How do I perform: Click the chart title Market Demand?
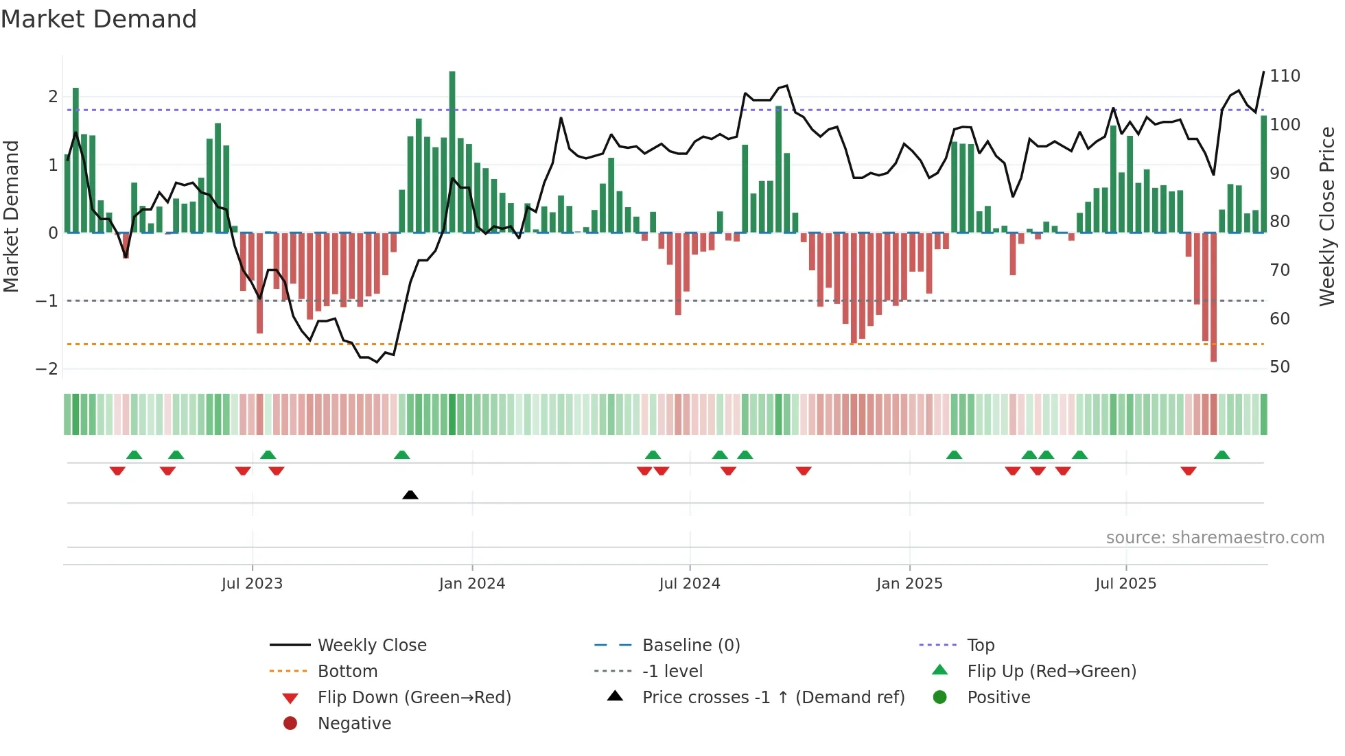99,19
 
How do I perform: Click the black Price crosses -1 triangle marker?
410,495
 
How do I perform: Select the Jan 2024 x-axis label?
472,584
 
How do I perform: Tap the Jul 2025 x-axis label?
1125,584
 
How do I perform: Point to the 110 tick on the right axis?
1285,76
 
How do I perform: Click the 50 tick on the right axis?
1280,367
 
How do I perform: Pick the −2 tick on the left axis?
47,369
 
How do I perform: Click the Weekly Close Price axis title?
1327,216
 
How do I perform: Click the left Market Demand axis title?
11,216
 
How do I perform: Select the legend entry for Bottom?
347,672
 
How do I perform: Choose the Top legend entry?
981,646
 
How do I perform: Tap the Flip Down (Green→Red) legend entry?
414,698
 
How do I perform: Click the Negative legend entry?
354,724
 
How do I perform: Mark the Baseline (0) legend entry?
691,646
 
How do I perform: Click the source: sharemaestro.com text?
1215,538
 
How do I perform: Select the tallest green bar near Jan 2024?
452,151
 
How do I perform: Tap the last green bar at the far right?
1263,175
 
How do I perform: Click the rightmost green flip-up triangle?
1221,455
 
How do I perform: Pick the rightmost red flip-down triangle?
1189,471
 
